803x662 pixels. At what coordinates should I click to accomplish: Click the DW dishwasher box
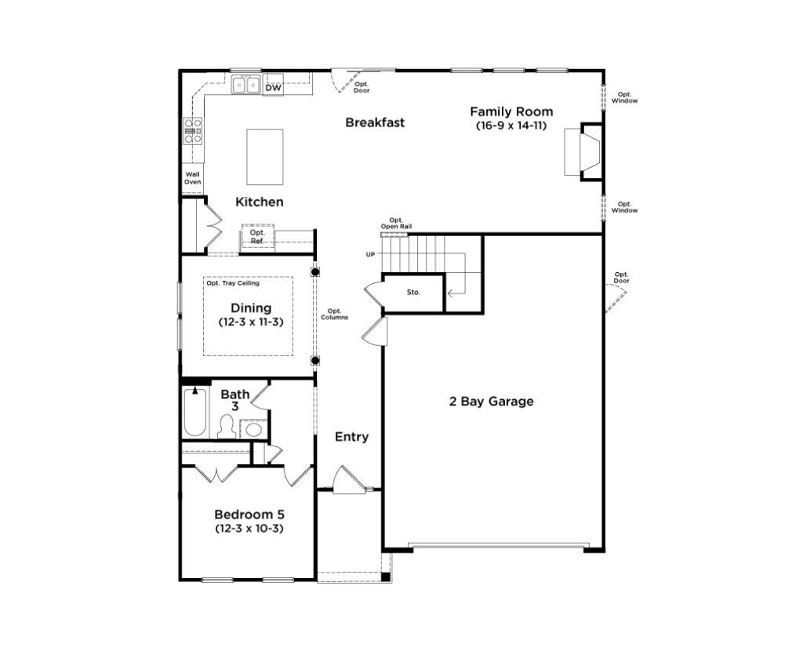click(x=273, y=88)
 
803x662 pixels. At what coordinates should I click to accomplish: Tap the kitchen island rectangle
click(x=265, y=157)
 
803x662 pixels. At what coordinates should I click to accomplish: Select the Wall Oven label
click(x=192, y=178)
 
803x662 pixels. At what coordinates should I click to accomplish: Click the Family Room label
click(x=511, y=111)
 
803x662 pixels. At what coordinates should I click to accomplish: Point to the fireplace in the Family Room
click(x=582, y=152)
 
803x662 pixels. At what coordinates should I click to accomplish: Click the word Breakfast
click(x=375, y=122)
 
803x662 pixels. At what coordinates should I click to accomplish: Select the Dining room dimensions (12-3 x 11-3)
click(x=251, y=322)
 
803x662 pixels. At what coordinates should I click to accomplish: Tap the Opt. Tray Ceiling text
click(x=233, y=283)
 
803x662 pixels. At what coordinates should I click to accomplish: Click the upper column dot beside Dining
click(x=315, y=272)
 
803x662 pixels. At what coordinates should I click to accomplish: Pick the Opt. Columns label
click(x=335, y=314)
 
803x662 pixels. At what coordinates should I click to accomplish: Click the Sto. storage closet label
click(x=413, y=293)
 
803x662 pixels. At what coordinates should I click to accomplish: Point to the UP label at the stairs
click(x=370, y=254)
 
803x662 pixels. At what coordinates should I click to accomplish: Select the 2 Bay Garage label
click(x=491, y=402)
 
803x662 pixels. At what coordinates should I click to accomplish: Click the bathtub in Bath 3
click(x=195, y=413)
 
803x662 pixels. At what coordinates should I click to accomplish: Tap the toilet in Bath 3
click(x=227, y=427)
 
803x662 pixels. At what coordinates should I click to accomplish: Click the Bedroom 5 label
click(x=249, y=515)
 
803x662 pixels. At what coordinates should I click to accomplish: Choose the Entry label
click(x=351, y=437)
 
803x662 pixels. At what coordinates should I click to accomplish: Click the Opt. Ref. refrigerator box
click(x=257, y=237)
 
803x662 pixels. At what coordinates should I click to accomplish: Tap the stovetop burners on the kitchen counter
click(x=193, y=131)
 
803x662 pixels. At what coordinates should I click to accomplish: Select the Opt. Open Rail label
click(x=396, y=224)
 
